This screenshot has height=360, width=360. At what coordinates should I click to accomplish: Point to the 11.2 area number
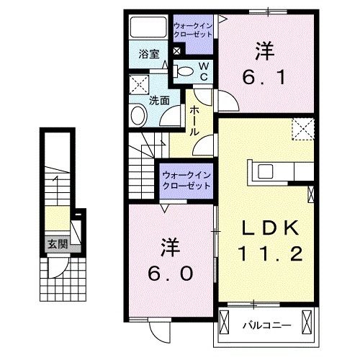268,253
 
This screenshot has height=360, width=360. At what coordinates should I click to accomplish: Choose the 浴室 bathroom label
148,53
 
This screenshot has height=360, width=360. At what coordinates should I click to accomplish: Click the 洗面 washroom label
159,102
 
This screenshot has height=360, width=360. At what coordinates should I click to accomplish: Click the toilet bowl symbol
184,71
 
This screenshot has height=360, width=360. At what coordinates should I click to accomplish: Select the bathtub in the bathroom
148,29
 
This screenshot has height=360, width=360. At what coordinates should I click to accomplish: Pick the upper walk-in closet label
193,31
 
